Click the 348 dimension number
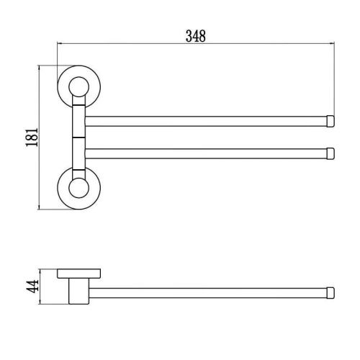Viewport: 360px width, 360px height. click(196, 36)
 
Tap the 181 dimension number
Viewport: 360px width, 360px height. click(32, 138)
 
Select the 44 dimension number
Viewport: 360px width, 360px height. click(32, 286)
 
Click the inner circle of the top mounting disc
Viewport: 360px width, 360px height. click(79, 87)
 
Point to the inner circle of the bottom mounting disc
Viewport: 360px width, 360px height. click(79, 188)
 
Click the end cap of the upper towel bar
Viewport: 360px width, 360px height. click(330, 121)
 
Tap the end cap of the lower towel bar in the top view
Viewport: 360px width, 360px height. click(330, 153)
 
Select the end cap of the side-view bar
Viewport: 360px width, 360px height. click(330, 293)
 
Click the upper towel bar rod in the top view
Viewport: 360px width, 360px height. click(206, 121)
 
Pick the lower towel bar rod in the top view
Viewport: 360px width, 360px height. click(206, 153)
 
